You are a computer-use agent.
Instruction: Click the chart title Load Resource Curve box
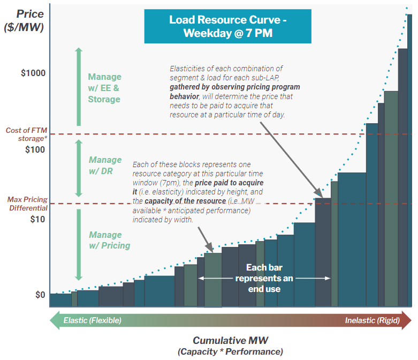click(227, 26)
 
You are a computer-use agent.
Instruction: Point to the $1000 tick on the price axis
click(33, 73)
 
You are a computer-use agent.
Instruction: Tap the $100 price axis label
click(35, 149)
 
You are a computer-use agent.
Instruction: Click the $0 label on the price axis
click(39, 295)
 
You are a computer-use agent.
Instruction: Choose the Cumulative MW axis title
click(230, 341)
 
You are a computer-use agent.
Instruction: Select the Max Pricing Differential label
click(27, 204)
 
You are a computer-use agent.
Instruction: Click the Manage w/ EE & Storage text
click(104, 88)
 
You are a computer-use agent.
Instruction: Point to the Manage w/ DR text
click(105, 166)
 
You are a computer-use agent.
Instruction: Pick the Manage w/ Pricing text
click(109, 240)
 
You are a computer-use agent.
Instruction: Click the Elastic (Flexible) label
click(92, 320)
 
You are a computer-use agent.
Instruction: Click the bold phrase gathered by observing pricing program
click(235, 87)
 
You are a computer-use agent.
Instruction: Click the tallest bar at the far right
click(409, 161)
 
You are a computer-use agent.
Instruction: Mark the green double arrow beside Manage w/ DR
click(79, 168)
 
